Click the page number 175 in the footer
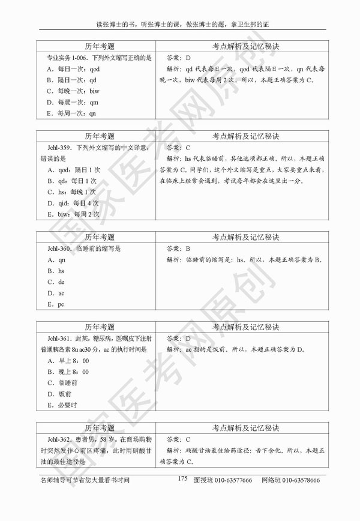pos(183,478)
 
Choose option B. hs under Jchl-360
pos(57,271)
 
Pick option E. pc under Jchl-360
pos(57,304)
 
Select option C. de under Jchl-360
pos(57,282)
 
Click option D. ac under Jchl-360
pos(57,293)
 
